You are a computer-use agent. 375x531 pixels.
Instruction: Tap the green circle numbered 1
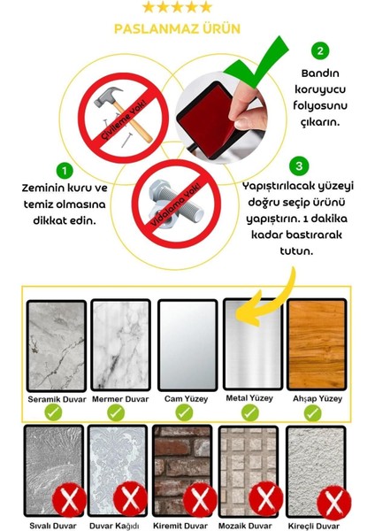pos(65,168)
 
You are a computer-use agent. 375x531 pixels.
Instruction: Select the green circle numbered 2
pos(321,51)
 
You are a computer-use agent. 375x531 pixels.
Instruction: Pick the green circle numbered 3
pos(302,165)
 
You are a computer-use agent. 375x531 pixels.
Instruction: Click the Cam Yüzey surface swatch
pos(186,345)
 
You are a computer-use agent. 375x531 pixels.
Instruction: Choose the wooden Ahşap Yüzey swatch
pos(315,345)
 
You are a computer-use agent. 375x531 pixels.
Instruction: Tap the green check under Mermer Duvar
pos(120,412)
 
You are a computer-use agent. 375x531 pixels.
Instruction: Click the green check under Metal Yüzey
pos(250,412)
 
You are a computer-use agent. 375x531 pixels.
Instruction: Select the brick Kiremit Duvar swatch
pos(182,467)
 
